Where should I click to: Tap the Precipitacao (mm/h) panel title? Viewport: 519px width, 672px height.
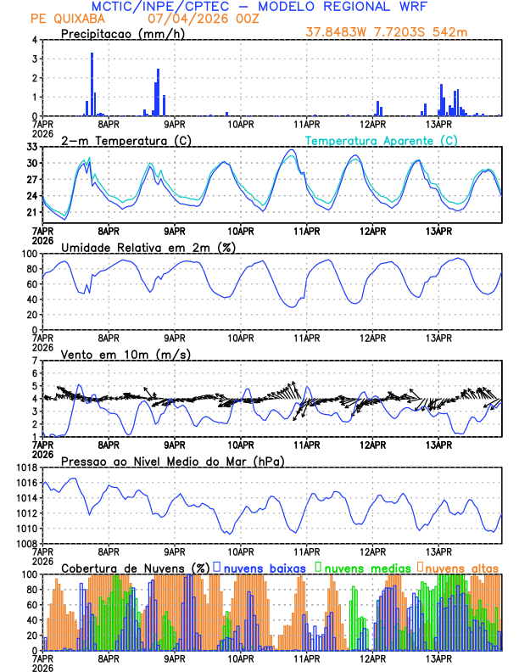[x=123, y=33]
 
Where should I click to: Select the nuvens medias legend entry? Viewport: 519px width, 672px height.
[x=366, y=567]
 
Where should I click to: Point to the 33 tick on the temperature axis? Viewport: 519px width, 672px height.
[x=32, y=147]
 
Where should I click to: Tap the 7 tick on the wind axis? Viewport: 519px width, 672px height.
[x=35, y=361]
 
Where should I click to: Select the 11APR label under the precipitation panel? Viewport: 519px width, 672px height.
[x=307, y=124]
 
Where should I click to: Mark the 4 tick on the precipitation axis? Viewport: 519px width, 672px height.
[x=35, y=40]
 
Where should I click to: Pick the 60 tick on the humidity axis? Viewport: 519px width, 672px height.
[x=32, y=284]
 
